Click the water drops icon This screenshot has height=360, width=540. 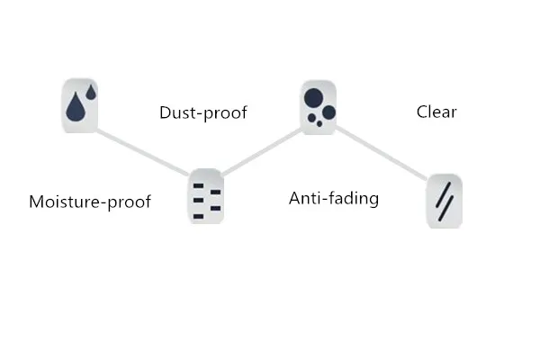[x=79, y=104]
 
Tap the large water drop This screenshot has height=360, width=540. [x=76, y=108]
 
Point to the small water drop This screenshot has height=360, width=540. [x=91, y=92]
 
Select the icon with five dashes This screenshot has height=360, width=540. [x=206, y=195]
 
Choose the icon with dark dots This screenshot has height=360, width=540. [x=319, y=106]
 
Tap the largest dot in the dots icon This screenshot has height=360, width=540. [x=313, y=97]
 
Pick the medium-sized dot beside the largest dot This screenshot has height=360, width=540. [x=328, y=112]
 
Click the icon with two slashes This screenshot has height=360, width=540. [x=444, y=200]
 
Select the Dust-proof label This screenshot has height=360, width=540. [x=202, y=112]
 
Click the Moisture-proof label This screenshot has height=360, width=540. [x=89, y=202]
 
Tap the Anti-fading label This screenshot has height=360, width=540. [x=333, y=198]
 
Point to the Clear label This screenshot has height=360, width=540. [x=436, y=112]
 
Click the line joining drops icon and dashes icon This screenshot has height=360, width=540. [x=142, y=150]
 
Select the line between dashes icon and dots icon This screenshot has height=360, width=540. [x=262, y=150]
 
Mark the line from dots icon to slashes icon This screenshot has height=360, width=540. [x=381, y=152]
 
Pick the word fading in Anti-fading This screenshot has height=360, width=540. [x=354, y=198]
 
